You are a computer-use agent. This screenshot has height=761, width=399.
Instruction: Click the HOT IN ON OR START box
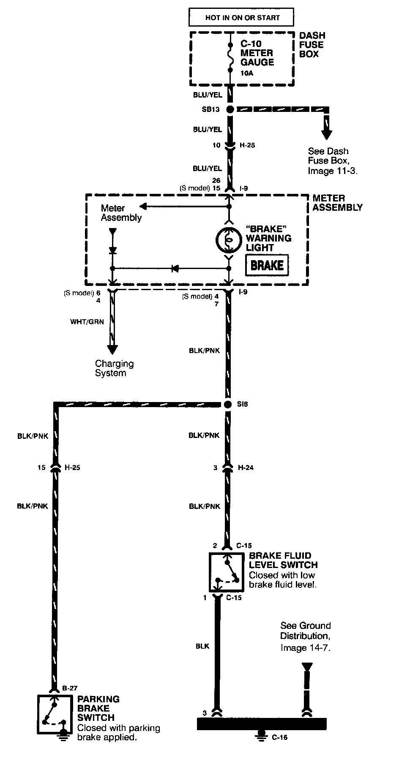241,18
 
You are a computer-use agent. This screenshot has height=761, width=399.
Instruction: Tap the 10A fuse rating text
247,73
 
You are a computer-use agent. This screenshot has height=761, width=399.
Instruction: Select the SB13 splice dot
230,109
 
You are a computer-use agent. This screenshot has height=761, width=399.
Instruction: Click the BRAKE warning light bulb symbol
229,240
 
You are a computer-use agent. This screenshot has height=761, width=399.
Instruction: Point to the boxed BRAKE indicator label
267,265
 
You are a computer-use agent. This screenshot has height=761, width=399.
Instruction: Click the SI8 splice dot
228,405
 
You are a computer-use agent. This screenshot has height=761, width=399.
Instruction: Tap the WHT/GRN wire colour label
87,322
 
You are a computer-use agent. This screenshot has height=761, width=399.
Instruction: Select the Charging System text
114,368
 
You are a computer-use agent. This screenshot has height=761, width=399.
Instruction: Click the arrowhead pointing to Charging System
112,350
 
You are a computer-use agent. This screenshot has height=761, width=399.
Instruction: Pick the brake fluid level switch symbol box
227,572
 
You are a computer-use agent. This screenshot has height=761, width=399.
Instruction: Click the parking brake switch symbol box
55,714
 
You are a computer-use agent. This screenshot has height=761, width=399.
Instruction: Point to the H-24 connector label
246,467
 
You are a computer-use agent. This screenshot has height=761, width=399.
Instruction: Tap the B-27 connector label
69,688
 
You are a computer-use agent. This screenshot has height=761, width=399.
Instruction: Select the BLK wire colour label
202,646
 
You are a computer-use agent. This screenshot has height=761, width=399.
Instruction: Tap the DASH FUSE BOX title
312,45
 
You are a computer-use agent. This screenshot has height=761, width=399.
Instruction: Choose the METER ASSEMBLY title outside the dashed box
337,203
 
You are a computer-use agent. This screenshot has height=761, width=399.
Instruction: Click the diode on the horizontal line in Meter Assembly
174,268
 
